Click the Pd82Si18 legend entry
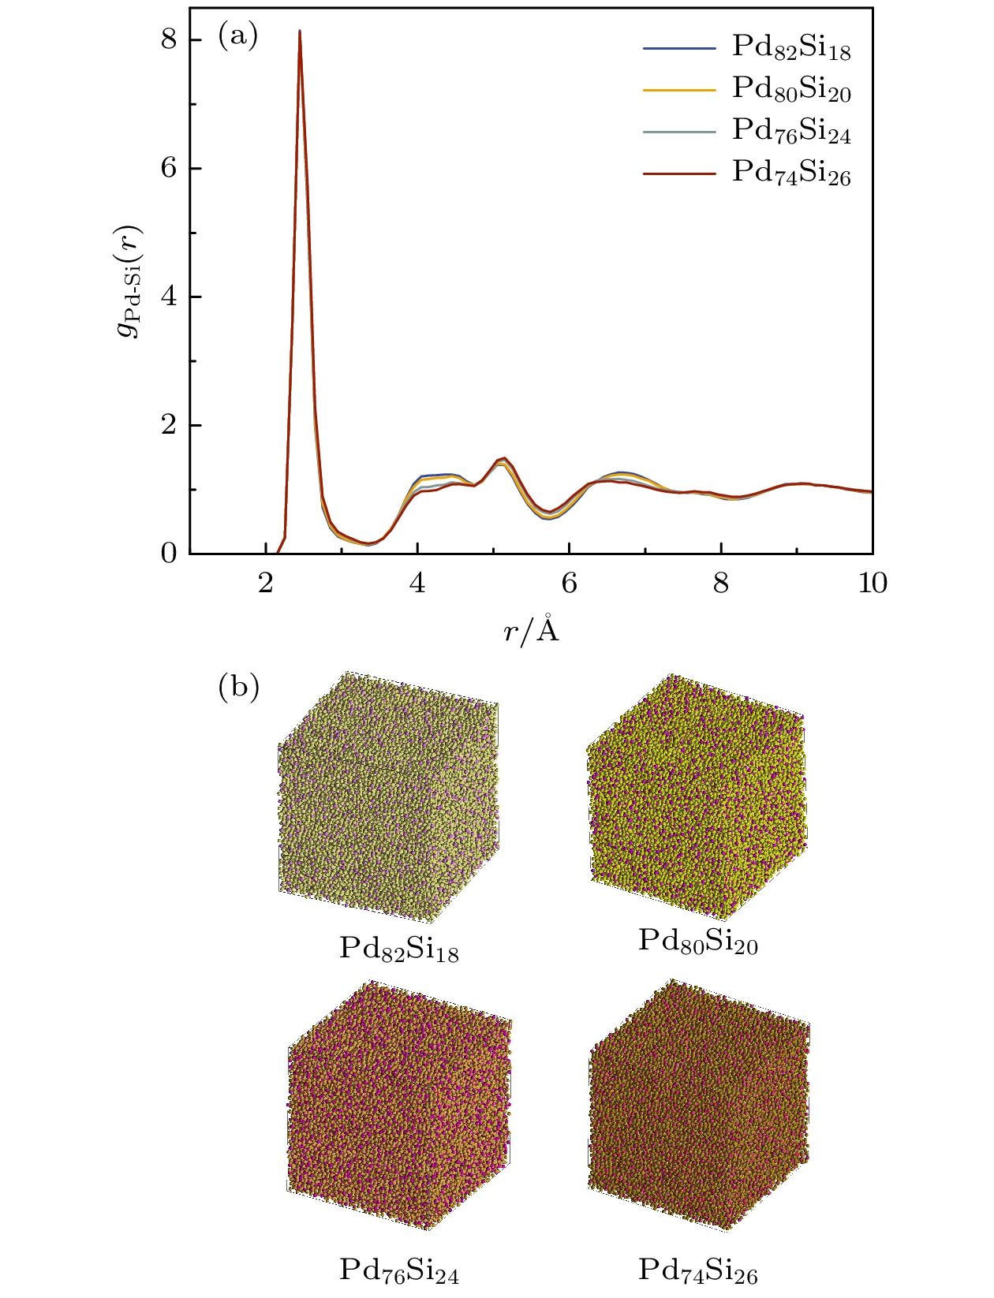(790, 48)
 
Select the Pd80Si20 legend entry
(790, 89)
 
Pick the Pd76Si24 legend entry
(790, 131)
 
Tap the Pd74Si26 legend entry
(790, 173)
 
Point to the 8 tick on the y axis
(169, 39)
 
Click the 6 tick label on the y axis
(169, 168)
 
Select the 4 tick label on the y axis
(169, 297)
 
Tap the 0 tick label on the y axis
(169, 554)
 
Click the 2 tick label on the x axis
(266, 584)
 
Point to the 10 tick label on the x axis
(872, 584)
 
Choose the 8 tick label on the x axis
(721, 584)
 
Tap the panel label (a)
(237, 36)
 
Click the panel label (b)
(237, 688)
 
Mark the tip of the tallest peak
(300, 31)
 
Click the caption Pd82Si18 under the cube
(398, 949)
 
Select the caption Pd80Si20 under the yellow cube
(697, 942)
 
